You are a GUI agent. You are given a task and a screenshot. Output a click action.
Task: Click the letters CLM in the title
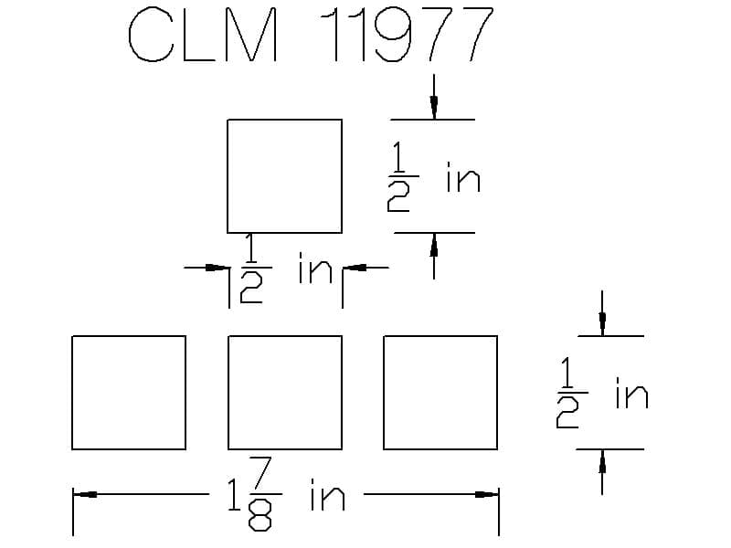pos(203,37)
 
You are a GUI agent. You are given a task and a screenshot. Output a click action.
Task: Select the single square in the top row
pos(284,175)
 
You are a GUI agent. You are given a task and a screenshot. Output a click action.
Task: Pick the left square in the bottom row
pos(129,393)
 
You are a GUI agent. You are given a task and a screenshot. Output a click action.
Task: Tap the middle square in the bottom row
pos(285,393)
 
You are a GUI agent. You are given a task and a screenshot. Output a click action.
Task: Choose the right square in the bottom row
pos(440,393)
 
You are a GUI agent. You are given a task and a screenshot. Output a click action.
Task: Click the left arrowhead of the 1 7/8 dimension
pos(87,495)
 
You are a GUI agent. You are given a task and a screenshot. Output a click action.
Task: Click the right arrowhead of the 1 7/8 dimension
pos(487,495)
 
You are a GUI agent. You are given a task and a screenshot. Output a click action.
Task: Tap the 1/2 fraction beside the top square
pos(400,178)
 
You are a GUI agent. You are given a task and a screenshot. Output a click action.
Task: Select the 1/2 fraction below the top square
pos(252,271)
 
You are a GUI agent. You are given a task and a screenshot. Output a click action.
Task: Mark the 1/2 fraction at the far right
pos(568,395)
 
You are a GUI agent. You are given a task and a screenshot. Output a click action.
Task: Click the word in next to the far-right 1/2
pos(631,395)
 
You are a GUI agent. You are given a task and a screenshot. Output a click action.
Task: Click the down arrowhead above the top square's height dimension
pos(433,108)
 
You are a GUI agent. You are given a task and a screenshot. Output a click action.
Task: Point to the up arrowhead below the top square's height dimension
pos(433,244)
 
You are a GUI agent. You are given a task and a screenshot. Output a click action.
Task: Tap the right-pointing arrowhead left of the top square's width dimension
pos(216,268)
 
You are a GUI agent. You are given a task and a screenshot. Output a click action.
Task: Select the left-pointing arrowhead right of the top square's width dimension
pos(355,268)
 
